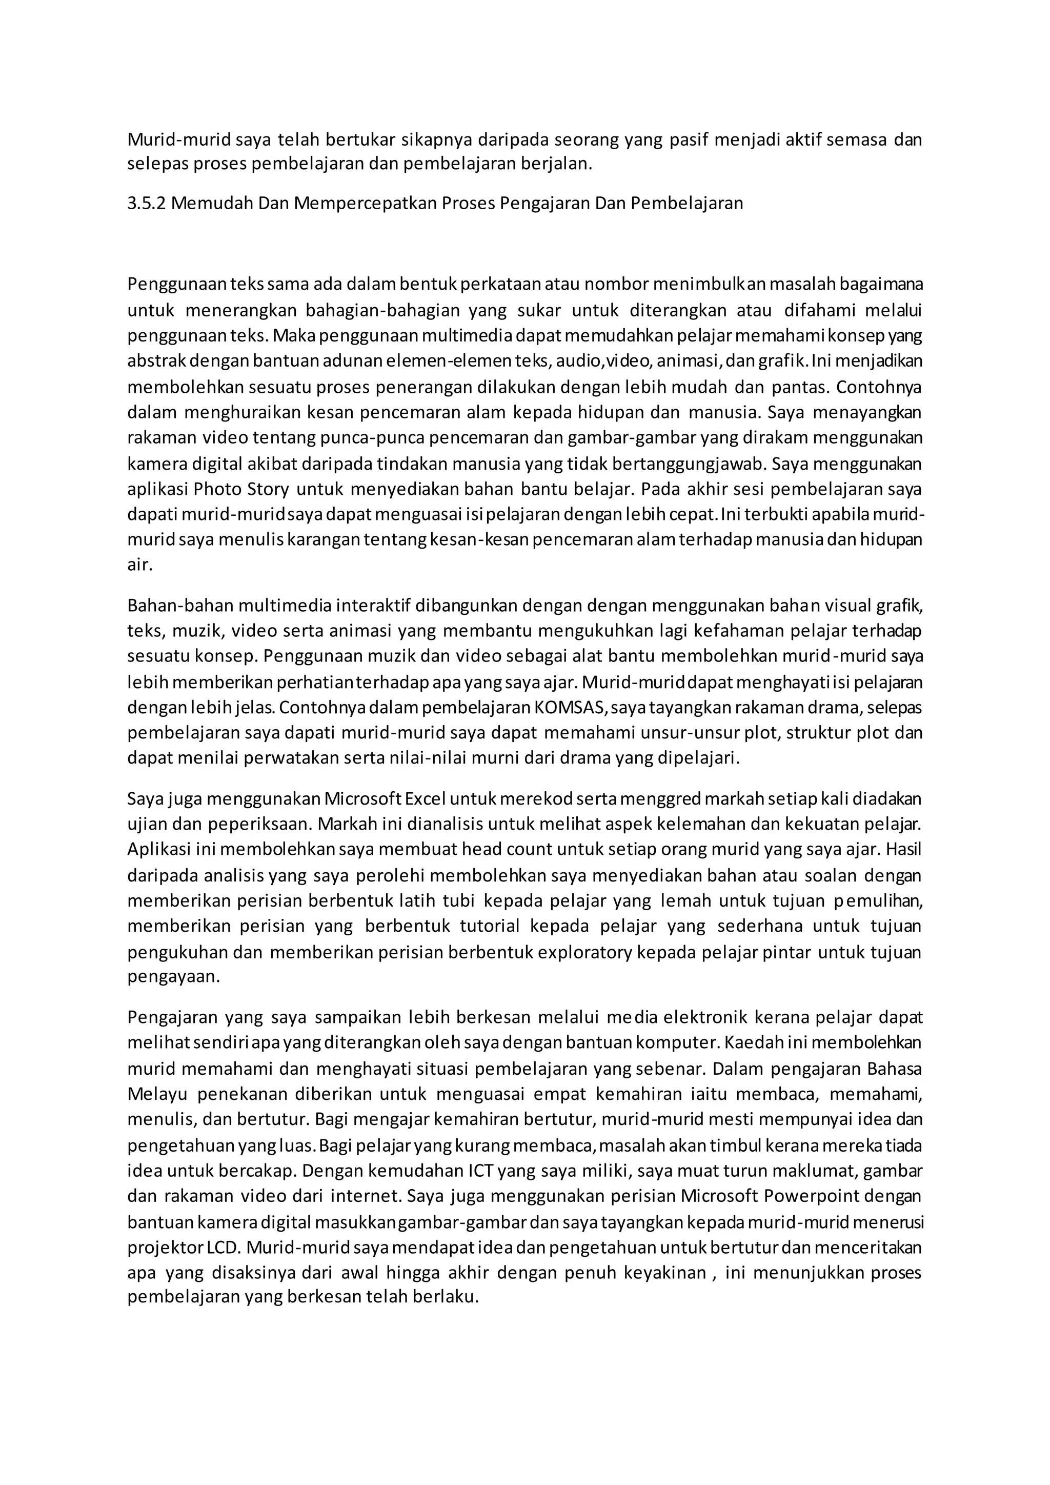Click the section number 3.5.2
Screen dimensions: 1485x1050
[x=147, y=204]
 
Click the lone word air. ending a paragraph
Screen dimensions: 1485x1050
[x=139, y=565]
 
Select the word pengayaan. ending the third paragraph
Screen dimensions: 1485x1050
[x=174, y=977]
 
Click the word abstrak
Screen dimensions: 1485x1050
[x=154, y=362]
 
